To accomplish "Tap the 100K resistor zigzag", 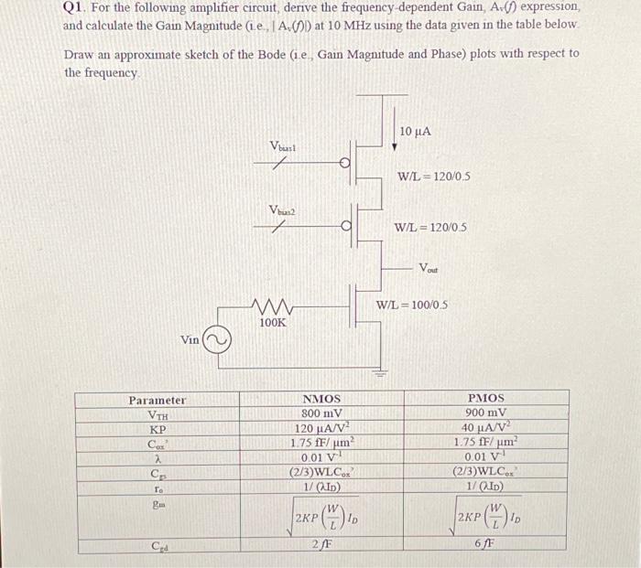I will (x=272, y=307).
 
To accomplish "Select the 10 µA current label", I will (x=415, y=133).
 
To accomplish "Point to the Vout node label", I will (x=428, y=267).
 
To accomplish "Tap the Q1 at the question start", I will (x=73, y=7).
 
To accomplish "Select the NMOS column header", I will (x=320, y=399).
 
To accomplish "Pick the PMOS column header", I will (x=485, y=399).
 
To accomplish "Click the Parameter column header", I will (x=157, y=400).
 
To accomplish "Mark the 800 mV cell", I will (x=320, y=413).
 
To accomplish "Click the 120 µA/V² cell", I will (x=320, y=428).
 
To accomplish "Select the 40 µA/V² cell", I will (x=485, y=428).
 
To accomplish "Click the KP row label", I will (x=158, y=429).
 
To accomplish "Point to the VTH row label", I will (x=158, y=414).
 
